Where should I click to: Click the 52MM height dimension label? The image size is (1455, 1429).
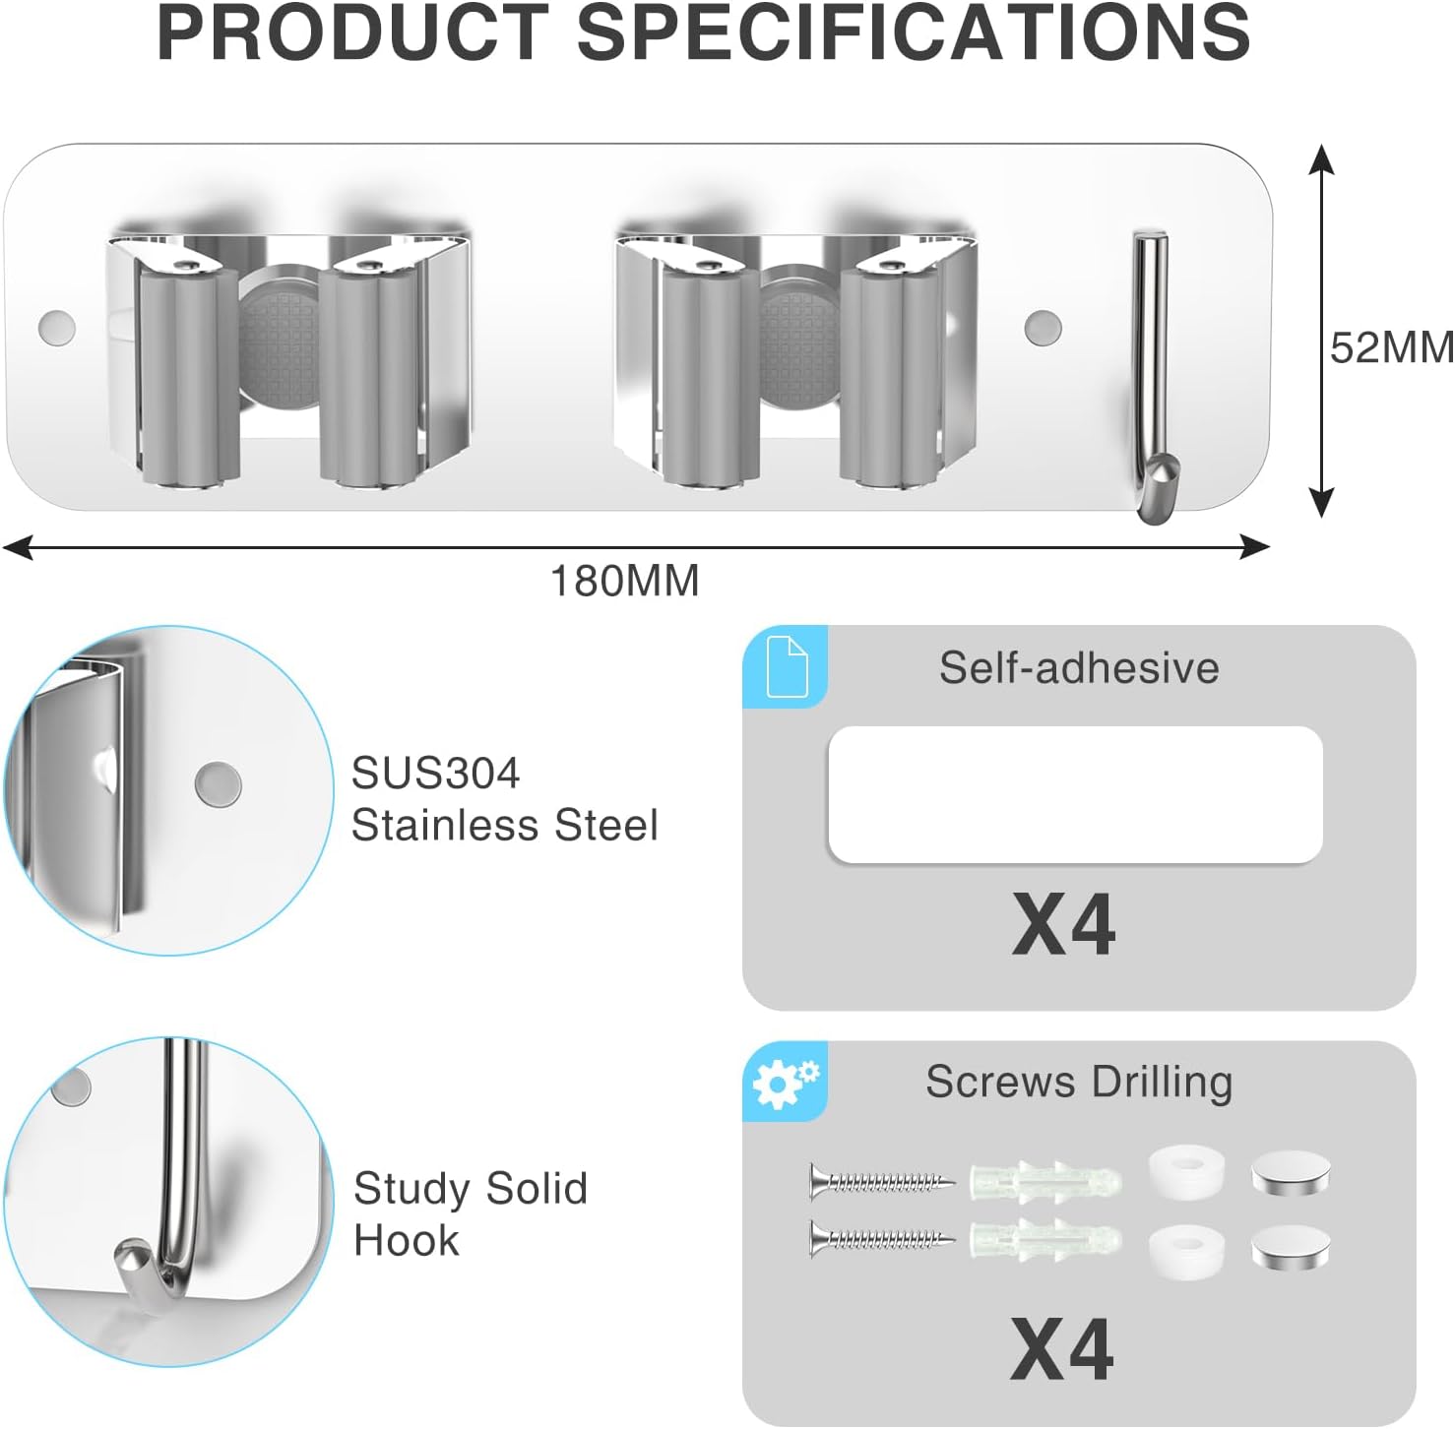[1391, 348]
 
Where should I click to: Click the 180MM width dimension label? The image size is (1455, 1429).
[624, 581]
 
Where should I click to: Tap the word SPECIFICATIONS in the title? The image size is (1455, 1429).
[913, 32]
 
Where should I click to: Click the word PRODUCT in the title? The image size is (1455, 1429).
[352, 32]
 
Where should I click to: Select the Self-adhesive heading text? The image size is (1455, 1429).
[1079, 667]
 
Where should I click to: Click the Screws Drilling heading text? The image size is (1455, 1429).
[1079, 1083]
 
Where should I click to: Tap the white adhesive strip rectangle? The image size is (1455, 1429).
[1075, 795]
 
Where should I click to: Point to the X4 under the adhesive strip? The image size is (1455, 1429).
[1063, 924]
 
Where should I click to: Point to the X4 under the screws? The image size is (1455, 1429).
[1062, 1349]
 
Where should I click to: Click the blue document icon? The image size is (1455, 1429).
[787, 666]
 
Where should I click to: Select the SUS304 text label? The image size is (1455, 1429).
[435, 774]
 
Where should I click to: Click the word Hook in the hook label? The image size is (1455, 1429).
[407, 1240]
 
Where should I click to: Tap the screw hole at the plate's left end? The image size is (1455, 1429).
[56, 327]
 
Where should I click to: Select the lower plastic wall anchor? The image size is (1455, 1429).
[1045, 1239]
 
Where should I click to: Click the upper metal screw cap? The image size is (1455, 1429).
[1292, 1176]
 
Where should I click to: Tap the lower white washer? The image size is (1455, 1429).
[1186, 1251]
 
